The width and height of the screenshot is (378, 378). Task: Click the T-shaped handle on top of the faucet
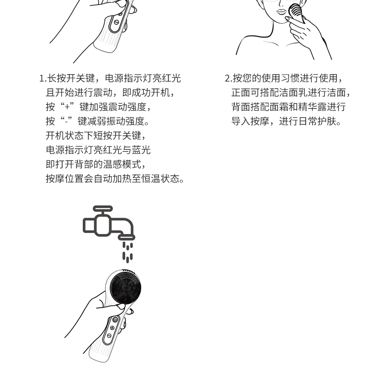[x=103, y=209]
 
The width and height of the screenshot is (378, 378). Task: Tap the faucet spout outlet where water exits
[x=126, y=237]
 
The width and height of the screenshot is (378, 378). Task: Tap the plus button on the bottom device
[x=112, y=328]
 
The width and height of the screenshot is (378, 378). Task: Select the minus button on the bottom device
[x=109, y=335]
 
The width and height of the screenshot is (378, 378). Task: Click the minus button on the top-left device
[x=116, y=22]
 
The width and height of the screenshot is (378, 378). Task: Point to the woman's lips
[x=281, y=12]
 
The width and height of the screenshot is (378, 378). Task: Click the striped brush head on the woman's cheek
[x=296, y=12]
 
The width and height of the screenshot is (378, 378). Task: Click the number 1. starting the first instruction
[x=43, y=78]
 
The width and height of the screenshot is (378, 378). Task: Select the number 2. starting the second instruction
[x=228, y=78]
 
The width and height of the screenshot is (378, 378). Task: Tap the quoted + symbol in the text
[x=67, y=107]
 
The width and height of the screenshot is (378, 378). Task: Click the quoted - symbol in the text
[x=66, y=122]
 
